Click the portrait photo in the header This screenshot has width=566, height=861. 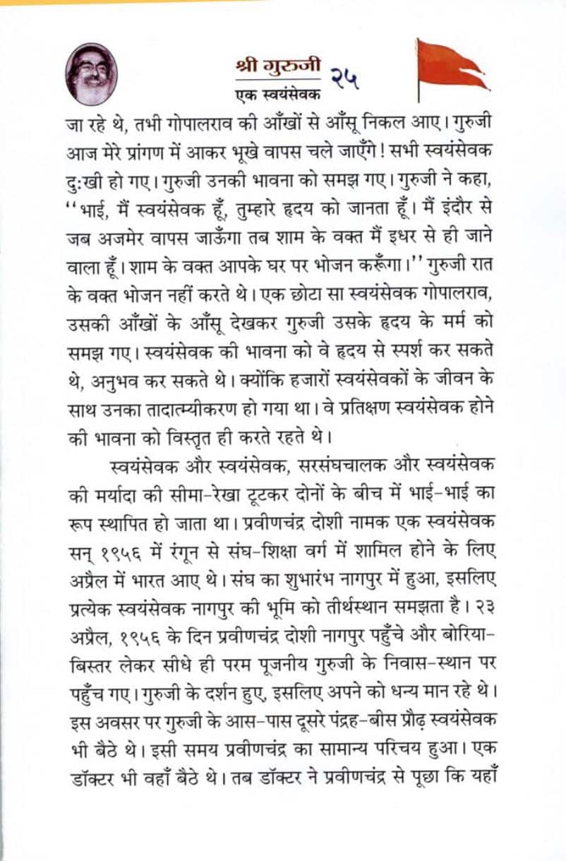pyautogui.click(x=92, y=74)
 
